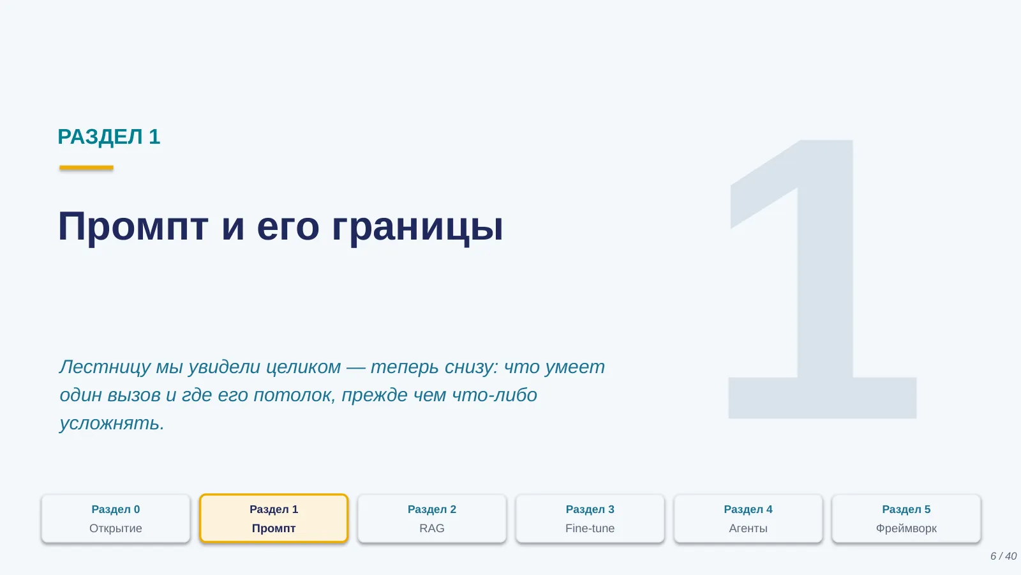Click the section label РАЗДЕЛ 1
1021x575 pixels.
109,137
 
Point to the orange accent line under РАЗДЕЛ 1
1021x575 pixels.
86,167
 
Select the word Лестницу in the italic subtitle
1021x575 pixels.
105,367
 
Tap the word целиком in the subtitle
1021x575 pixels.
303,367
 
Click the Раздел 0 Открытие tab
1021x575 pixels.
116,518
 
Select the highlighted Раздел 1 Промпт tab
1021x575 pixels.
274,518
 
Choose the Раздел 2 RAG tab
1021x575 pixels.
432,518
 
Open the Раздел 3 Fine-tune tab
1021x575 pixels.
590,518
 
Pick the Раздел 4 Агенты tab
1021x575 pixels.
749,518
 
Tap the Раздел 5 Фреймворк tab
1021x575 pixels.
906,518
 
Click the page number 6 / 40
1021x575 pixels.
1003,556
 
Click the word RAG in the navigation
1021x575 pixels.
432,528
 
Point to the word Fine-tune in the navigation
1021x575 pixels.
590,528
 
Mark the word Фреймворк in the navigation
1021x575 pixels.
906,529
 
